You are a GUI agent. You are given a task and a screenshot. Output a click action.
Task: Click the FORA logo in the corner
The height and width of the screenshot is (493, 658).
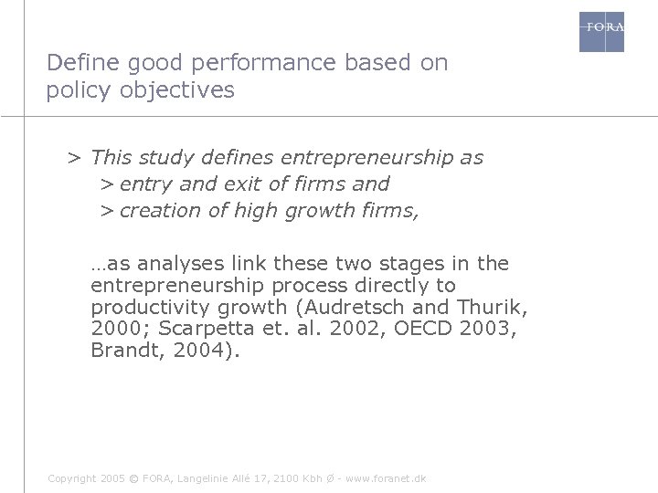click(x=602, y=31)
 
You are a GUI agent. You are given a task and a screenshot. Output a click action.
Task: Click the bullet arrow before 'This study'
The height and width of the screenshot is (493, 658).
click(x=73, y=158)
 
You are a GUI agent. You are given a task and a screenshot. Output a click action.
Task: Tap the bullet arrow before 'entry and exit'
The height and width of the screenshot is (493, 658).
click(x=107, y=184)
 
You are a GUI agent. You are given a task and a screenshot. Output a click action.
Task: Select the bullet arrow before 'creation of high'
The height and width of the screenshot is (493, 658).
click(x=107, y=210)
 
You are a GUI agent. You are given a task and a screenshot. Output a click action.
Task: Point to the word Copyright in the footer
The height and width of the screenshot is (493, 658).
click(x=71, y=478)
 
